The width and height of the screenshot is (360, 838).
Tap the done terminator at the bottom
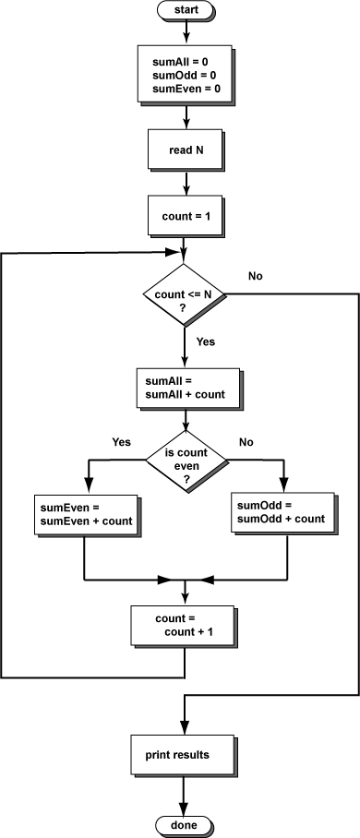pos(186,824)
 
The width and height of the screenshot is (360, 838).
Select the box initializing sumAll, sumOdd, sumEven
pos(186,74)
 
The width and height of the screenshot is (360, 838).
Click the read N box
pos(186,150)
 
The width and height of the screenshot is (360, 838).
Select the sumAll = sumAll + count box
pos(187,388)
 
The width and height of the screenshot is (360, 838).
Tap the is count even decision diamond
pos(186,460)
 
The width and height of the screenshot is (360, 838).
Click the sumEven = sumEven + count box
pos(85,515)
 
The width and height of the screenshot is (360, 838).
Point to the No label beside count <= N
pos(257,276)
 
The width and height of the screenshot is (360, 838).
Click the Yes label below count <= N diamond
pos(206,341)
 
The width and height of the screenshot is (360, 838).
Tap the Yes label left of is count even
pos(122,441)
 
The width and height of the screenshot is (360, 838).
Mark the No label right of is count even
pos(246,441)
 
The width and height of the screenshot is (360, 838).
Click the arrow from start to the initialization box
pos(186,32)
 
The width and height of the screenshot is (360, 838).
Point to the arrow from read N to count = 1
pos(186,185)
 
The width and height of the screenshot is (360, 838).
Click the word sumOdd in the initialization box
pos(173,74)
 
